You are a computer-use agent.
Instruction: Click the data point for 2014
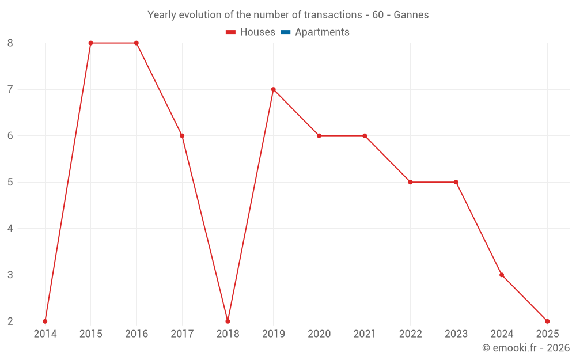click(45, 321)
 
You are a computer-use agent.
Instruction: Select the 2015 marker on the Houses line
click(90, 43)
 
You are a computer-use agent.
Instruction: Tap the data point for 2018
click(228, 321)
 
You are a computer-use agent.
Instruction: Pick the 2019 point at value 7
click(273, 89)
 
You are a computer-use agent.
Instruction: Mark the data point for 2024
click(502, 275)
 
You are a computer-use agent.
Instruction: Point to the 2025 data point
click(547, 321)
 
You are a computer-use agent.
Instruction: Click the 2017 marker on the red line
click(182, 136)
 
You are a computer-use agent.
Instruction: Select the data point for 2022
click(410, 182)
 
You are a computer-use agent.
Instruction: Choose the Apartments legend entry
click(322, 32)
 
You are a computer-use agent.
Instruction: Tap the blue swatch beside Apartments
click(285, 32)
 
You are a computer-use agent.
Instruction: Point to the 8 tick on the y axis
click(10, 43)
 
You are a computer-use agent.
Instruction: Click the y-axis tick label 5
click(10, 182)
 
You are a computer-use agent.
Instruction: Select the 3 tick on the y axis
click(10, 275)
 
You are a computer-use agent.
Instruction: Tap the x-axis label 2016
click(137, 334)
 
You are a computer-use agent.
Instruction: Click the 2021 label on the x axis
click(365, 334)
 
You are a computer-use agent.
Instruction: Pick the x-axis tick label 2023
click(456, 334)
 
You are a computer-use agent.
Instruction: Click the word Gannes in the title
click(411, 15)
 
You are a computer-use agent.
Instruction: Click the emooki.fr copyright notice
click(526, 348)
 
